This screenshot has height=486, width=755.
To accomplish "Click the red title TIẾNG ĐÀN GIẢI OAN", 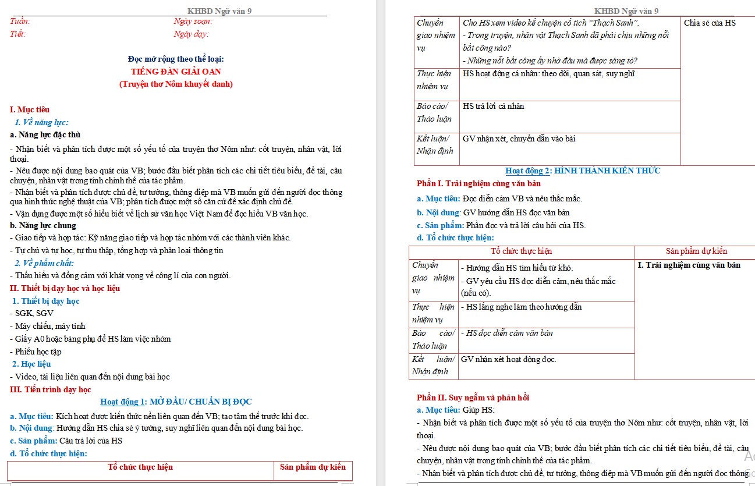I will [x=176, y=72].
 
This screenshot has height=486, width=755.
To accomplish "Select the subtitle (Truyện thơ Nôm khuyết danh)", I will [x=176, y=84].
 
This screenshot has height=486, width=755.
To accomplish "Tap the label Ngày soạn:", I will [x=193, y=22].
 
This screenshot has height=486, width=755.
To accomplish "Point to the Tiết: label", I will [x=18, y=34].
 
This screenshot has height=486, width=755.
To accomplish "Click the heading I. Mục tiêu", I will [x=30, y=109].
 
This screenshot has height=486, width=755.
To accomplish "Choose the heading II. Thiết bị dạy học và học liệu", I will [x=65, y=288].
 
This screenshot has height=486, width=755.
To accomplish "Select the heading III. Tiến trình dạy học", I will [x=51, y=389].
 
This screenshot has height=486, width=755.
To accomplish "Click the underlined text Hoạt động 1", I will [x=123, y=402].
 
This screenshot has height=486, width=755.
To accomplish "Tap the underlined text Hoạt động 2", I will [x=528, y=171].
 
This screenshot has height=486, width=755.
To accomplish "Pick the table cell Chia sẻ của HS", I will [x=710, y=23].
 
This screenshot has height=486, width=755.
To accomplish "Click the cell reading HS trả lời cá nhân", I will [x=494, y=106].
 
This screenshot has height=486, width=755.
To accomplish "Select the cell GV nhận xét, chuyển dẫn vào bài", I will [x=519, y=139].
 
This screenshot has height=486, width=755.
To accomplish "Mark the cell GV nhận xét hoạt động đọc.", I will [x=509, y=359].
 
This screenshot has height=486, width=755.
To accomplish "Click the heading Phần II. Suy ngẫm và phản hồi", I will [x=473, y=398].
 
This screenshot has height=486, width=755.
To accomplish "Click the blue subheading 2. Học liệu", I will [x=31, y=364].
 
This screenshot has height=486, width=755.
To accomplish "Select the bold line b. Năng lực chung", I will [x=43, y=225].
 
